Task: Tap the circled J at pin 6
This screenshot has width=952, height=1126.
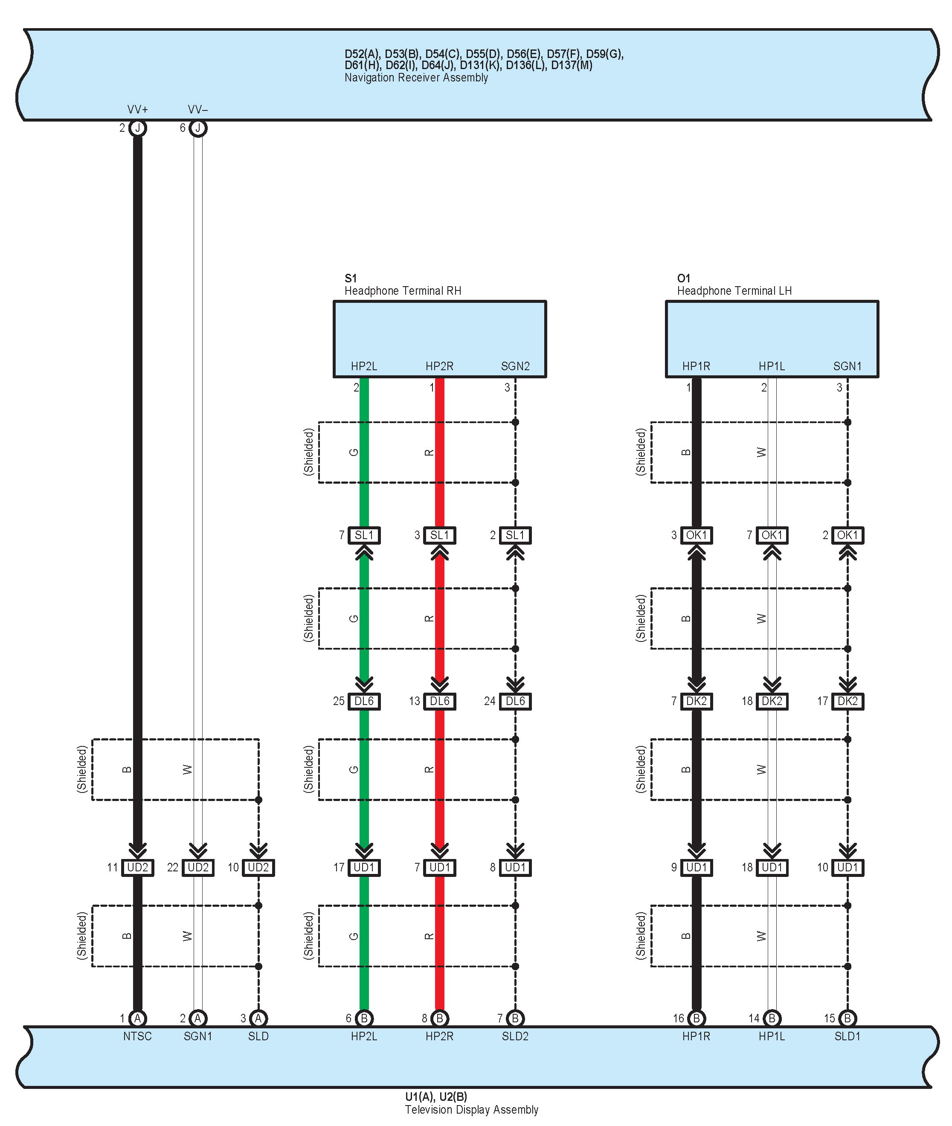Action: (198, 128)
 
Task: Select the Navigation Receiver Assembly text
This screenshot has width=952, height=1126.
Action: (416, 78)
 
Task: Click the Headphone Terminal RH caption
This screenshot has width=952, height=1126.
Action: (403, 291)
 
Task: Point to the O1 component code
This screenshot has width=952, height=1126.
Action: (683, 279)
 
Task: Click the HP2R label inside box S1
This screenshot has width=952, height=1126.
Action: (439, 366)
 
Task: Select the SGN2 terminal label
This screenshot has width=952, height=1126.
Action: (515, 366)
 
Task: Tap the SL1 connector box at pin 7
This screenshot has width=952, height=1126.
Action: (364, 535)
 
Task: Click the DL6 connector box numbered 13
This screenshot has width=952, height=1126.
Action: (439, 701)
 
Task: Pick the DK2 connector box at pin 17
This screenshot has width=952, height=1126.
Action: (848, 701)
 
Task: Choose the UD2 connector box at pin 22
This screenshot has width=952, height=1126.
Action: (198, 868)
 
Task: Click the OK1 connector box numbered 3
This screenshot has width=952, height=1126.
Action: (696, 535)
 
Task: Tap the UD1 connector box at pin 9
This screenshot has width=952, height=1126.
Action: (696, 868)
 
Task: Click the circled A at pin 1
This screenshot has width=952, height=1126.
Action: (138, 1018)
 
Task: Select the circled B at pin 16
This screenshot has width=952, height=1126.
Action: (696, 1018)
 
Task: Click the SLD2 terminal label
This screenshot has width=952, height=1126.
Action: (515, 1036)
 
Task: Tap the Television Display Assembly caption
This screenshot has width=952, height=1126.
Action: (471, 1110)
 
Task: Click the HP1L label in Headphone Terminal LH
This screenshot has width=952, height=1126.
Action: (772, 366)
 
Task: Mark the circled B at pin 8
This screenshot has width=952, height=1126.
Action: (439, 1018)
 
